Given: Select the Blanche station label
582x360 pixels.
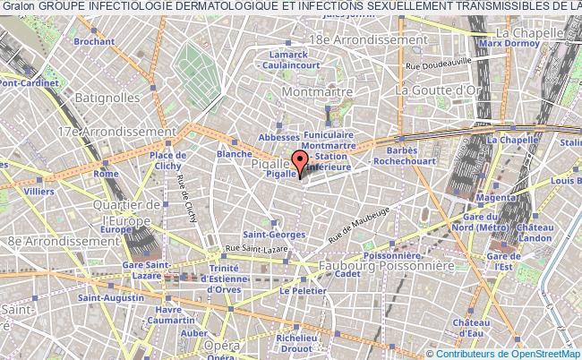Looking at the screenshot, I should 235,154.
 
